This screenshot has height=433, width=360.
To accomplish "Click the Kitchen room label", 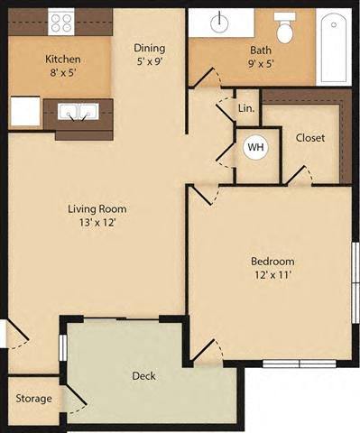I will [x=63, y=60].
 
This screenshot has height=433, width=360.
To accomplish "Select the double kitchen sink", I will [x=78, y=112].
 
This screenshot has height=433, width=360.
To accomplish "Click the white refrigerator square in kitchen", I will [x=24, y=111].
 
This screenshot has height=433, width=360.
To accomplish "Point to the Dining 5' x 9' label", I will [x=149, y=56].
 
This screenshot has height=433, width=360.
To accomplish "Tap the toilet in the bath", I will [x=287, y=29].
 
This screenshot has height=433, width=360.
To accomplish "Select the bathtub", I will [x=337, y=46].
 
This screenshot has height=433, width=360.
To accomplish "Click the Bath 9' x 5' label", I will [x=255, y=57].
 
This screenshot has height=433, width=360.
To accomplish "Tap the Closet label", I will [x=310, y=138].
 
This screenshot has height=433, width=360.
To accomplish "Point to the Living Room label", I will [x=97, y=209].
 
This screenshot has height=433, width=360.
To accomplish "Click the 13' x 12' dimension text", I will [x=97, y=225].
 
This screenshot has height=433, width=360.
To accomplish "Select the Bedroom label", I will [x=272, y=262].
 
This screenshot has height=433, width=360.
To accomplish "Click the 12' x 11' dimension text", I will [x=272, y=278].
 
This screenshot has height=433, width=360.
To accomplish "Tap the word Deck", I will [x=143, y=375].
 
